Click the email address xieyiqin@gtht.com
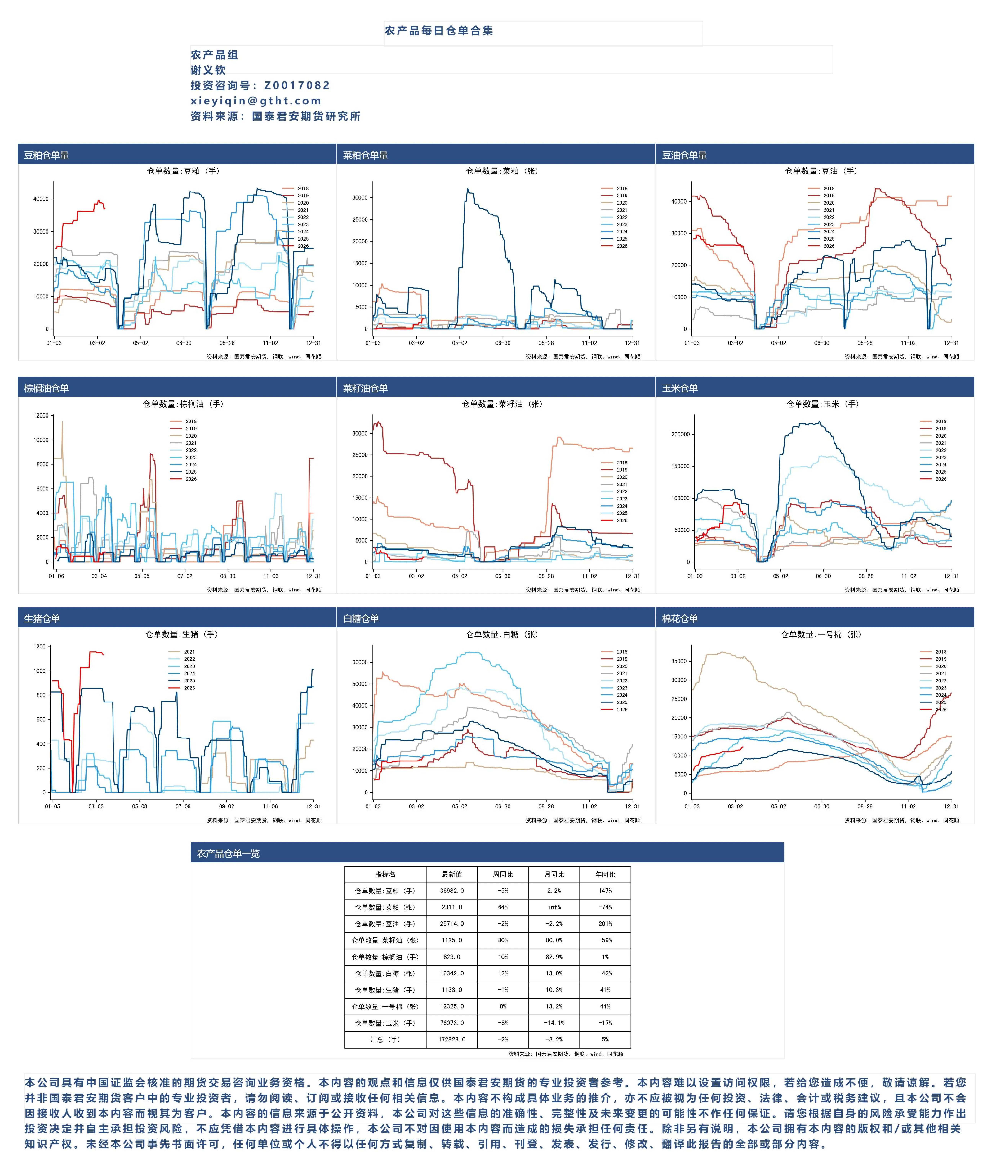point(256,101)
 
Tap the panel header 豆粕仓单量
point(47,155)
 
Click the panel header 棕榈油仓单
point(47,388)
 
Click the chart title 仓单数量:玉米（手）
point(823,404)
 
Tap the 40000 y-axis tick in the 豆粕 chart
point(41,199)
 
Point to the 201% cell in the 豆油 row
point(605,924)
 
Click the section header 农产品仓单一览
point(228,853)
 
